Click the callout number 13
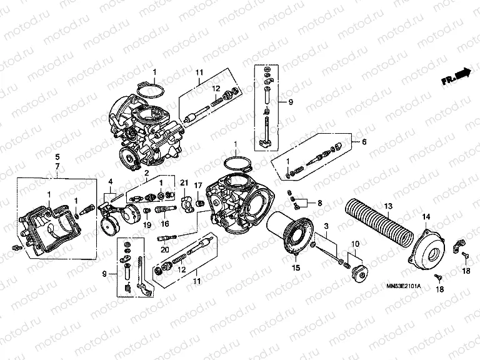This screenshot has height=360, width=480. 387,206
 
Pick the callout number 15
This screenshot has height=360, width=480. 297,267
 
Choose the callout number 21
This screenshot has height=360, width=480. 184,182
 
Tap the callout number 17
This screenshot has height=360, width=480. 198,185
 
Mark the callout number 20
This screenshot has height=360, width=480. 164,249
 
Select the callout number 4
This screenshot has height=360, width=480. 110,182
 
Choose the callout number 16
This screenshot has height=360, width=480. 166,224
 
